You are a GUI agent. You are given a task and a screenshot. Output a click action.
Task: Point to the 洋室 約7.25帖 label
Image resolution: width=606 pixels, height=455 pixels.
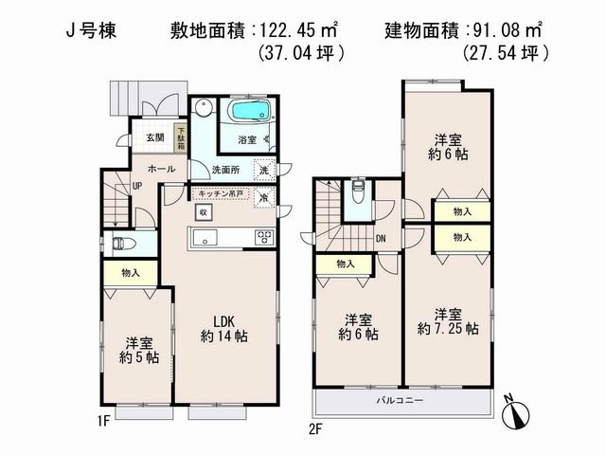(x=447, y=321)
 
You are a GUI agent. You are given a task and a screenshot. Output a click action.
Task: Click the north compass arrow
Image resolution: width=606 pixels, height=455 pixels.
(x=518, y=413)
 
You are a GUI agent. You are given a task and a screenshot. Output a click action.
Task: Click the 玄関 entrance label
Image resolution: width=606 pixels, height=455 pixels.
(x=154, y=137)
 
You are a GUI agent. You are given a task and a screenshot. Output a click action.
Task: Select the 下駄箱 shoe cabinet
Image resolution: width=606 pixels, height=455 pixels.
(x=180, y=138)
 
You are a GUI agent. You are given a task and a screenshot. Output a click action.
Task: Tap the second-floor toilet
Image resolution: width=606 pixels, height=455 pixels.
(x=358, y=196)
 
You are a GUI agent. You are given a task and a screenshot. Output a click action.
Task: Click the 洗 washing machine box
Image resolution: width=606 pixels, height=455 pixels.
(x=264, y=172)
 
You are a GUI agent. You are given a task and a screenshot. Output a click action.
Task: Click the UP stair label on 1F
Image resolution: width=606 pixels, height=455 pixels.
(x=137, y=187)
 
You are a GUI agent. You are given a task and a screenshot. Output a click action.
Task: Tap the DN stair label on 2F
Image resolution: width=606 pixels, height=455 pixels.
(x=380, y=239)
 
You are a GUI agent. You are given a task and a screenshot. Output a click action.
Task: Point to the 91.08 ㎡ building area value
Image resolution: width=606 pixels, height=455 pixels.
(x=513, y=30)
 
